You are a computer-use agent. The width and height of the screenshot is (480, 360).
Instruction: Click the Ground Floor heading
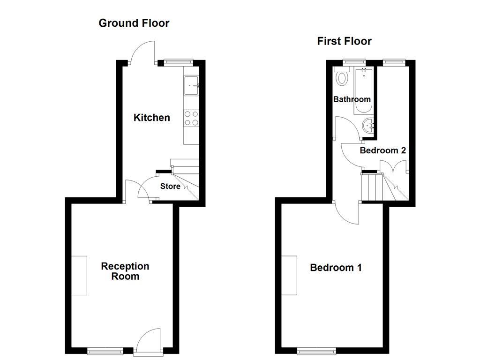[x=134, y=23]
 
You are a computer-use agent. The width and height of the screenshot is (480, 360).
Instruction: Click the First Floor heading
[x=344, y=41]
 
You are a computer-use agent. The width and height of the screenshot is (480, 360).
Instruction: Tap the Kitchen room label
[x=151, y=117]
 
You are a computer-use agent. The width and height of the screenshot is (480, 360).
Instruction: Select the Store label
[x=170, y=186]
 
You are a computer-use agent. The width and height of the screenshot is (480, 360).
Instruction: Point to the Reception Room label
[x=125, y=271]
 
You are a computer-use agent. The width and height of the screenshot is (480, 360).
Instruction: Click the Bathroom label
[x=352, y=99]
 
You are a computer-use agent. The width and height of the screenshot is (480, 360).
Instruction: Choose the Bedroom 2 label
[x=382, y=150]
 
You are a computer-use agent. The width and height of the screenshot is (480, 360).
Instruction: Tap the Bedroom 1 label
[x=336, y=268]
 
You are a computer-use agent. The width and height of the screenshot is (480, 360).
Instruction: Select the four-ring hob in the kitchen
[x=191, y=118]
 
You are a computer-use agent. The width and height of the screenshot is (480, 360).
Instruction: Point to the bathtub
[x=364, y=91]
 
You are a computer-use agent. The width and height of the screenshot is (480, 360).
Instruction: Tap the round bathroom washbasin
[x=368, y=125]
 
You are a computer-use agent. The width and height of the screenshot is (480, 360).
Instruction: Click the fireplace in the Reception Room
[x=79, y=275]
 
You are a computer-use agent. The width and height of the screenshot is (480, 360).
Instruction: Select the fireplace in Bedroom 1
[x=289, y=275]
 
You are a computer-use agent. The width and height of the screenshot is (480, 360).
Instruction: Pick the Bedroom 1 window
[x=317, y=350]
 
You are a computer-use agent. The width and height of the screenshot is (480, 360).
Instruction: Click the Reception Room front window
[x=105, y=350]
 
